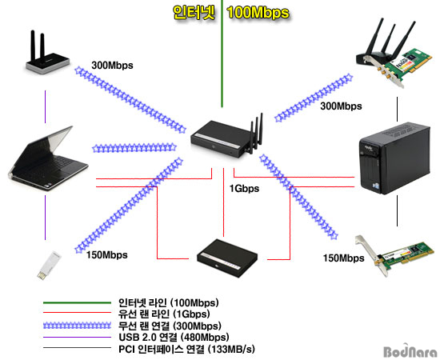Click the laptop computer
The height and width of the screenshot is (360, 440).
coord(48,159)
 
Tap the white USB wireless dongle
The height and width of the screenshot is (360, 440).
coord(50,265)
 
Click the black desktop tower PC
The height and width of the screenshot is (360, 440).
coord(394,158)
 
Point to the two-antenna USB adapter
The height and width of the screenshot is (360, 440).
coord(46,53)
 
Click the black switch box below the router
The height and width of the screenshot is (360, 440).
coord(227,258)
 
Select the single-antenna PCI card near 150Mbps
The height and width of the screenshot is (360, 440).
coord(396,255)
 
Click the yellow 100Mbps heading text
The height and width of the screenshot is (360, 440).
coord(258,13)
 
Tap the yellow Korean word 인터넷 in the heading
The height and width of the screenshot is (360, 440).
coord(194,13)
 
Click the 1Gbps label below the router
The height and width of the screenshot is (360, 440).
coord(244,189)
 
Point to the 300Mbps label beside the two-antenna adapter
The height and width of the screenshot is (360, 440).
coord(112,66)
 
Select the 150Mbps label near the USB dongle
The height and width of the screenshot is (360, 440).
coord(107,255)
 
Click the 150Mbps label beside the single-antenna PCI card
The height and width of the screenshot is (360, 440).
coord(344,258)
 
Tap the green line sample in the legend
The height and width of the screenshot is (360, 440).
coord(77,302)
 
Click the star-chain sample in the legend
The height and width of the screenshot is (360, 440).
coord(77,326)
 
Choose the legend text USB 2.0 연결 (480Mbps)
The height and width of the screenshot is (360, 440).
coord(174,337)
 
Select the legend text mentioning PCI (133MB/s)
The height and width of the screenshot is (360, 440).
coord(187,350)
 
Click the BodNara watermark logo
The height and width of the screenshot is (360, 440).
coord(410,350)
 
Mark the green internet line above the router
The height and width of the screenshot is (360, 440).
coord(222,54)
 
